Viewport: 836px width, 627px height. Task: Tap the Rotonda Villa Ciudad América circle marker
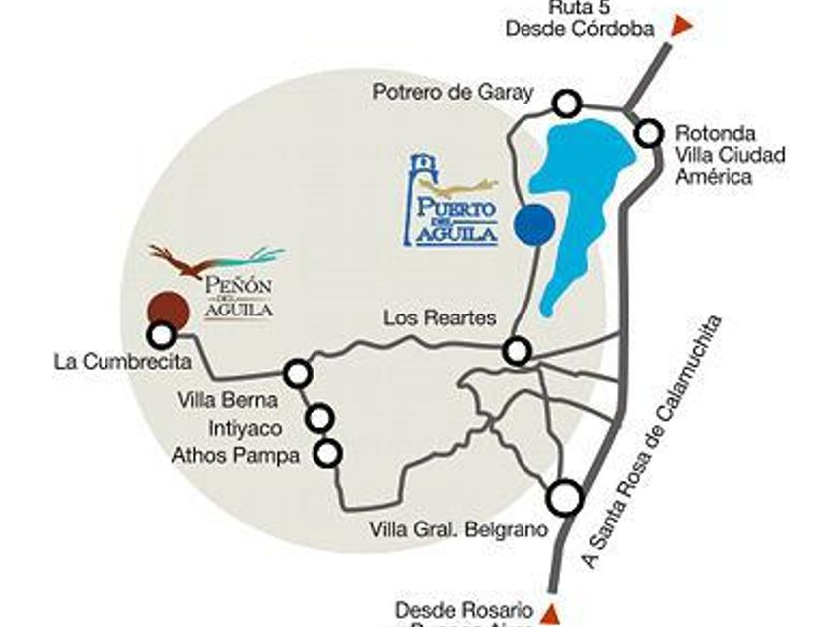[650, 132]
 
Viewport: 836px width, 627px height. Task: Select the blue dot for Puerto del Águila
[533, 223]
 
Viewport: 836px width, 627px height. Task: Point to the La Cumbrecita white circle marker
[161, 335]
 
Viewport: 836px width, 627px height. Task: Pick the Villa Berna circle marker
[298, 374]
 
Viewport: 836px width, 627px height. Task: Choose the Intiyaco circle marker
[320, 417]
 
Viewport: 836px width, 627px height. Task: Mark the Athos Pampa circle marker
[327, 454]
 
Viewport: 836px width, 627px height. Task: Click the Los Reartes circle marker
[517, 350]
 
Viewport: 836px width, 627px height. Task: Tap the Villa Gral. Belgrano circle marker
[566, 496]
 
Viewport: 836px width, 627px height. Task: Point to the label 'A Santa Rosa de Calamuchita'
[652, 442]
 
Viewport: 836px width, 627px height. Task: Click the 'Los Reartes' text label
[439, 318]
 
